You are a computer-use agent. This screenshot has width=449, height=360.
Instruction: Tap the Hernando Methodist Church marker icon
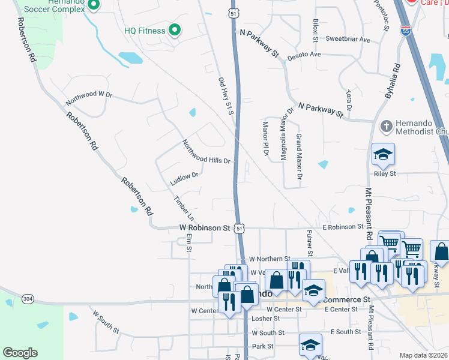click(387, 127)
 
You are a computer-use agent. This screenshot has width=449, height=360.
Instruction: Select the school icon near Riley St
click(383, 155)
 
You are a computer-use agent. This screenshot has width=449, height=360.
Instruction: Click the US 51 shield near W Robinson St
click(240, 228)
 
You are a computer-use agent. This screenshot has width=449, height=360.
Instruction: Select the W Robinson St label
click(205, 228)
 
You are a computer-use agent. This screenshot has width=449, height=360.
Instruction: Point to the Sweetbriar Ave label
click(348, 39)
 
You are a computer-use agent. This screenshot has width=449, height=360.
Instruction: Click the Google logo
click(20, 353)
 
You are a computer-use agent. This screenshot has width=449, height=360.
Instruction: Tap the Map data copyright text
click(424, 355)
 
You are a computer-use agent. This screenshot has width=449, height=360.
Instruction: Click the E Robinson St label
click(343, 227)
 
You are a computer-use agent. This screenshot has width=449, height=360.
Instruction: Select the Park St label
click(262, 346)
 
